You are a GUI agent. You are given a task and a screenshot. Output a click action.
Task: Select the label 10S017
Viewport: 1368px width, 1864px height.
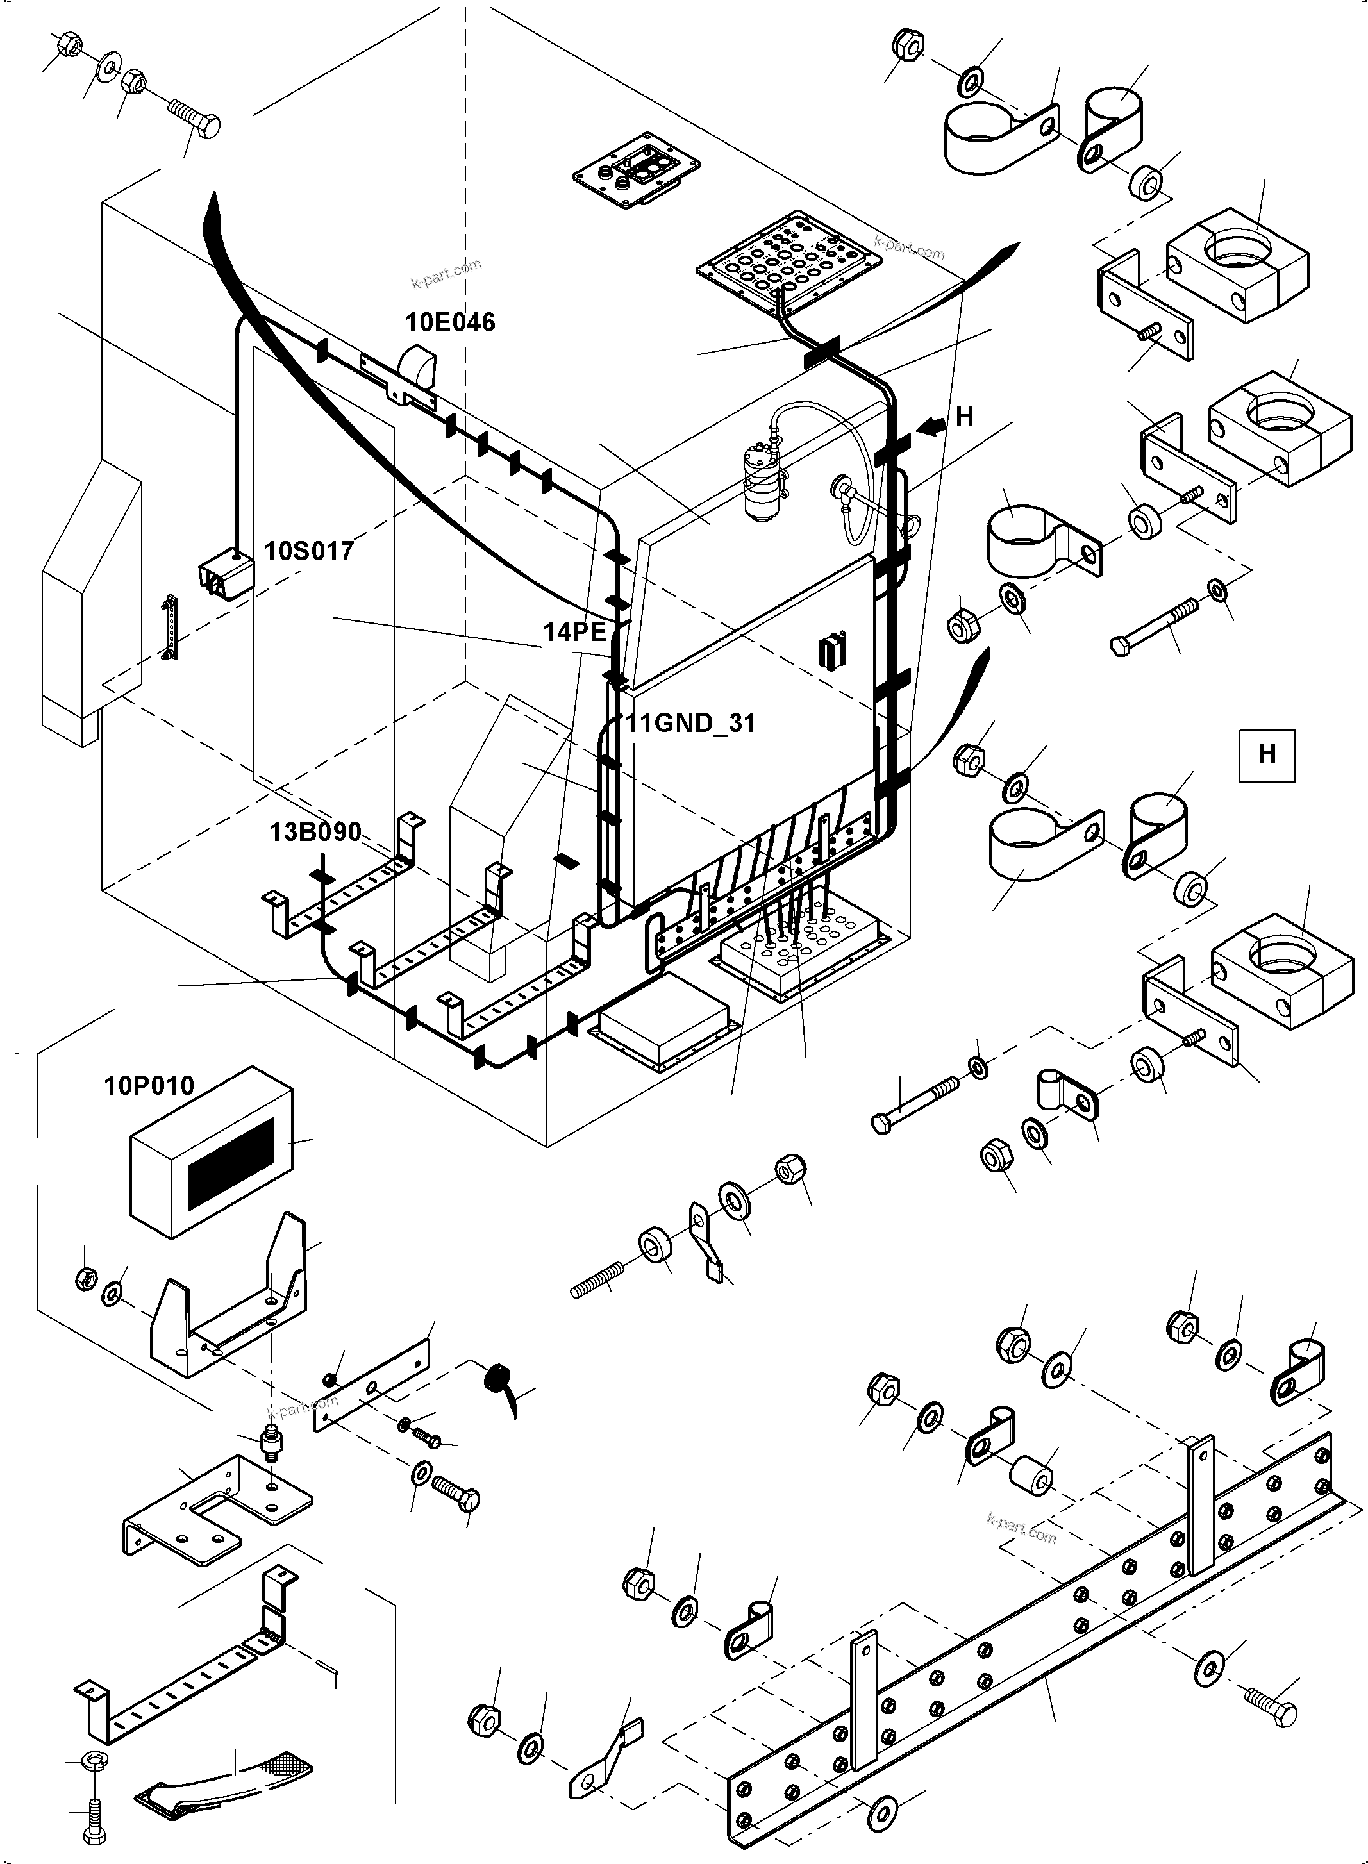(x=309, y=551)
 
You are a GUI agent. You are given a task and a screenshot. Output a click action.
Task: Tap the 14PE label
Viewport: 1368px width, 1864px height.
(x=574, y=632)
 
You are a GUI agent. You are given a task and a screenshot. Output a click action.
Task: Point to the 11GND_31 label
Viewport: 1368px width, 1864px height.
(x=690, y=723)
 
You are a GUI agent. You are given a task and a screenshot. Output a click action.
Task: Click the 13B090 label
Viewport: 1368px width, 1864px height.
(x=315, y=831)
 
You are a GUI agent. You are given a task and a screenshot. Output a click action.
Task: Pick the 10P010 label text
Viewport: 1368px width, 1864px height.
(x=149, y=1086)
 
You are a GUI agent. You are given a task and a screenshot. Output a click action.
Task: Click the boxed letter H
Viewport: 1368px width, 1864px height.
(x=1266, y=754)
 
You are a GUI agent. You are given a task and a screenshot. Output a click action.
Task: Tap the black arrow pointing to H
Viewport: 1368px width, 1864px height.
(x=933, y=426)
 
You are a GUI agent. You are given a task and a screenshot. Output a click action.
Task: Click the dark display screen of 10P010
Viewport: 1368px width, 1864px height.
(x=231, y=1161)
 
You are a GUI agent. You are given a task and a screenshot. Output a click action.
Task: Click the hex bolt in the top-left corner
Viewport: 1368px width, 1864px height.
(x=196, y=121)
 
